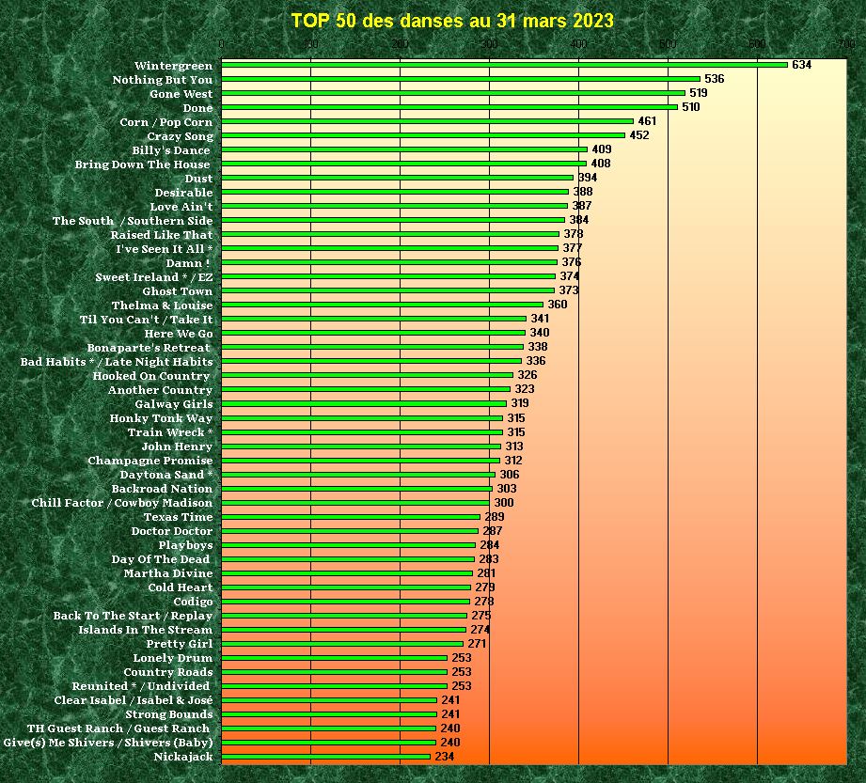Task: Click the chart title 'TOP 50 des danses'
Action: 452,21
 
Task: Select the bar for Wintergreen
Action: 504,65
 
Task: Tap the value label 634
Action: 801,65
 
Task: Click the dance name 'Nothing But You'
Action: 163,80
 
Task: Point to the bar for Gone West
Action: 453,93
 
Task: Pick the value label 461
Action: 647,121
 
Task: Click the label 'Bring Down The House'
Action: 143,164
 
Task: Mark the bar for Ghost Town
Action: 387,290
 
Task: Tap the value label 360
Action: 558,305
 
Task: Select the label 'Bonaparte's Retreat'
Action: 149,348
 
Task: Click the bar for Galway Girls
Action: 364,403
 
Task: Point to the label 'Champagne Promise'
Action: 150,461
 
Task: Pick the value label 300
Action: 504,503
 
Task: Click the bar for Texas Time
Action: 351,516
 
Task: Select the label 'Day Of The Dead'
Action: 161,559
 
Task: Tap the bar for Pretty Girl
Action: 342,644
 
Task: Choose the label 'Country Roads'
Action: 168,672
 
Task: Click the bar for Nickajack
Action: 325,757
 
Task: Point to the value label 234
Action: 445,757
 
